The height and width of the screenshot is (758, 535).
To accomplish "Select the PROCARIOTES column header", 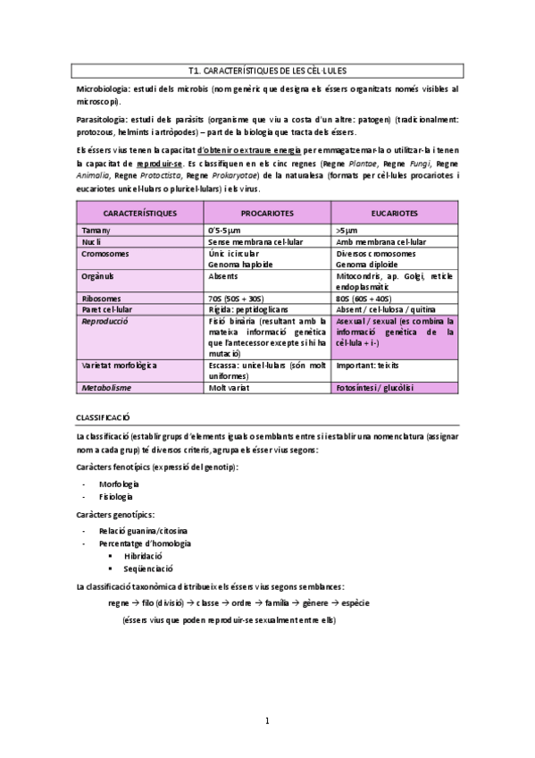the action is [267, 214].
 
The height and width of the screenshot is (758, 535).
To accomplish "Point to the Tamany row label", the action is [96, 231].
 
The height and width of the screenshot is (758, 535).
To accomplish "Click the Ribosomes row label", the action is [101, 298].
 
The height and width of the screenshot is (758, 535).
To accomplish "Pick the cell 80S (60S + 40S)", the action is [364, 298].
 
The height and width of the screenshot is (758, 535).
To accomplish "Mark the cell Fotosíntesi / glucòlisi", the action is [374, 389].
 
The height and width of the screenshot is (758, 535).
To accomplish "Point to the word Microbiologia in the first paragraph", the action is [103, 90].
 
